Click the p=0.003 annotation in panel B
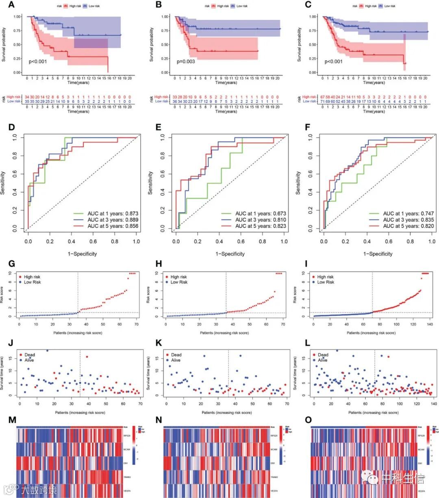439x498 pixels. [186, 62]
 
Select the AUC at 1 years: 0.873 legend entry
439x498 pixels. [113, 213]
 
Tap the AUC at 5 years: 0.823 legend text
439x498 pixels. [261, 226]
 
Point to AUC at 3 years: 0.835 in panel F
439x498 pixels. [408, 220]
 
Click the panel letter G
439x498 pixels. [12, 264]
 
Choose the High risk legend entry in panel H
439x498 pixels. [178, 277]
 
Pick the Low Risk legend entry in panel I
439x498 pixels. [325, 282]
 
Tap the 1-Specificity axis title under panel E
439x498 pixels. [230, 254]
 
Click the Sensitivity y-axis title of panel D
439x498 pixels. [4, 183]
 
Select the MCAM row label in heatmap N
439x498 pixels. [274, 449]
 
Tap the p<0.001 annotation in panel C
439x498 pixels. [333, 62]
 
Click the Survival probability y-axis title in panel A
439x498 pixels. [4, 45]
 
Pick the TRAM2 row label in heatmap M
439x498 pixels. [127, 477]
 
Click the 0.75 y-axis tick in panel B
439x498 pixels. [165, 31]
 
